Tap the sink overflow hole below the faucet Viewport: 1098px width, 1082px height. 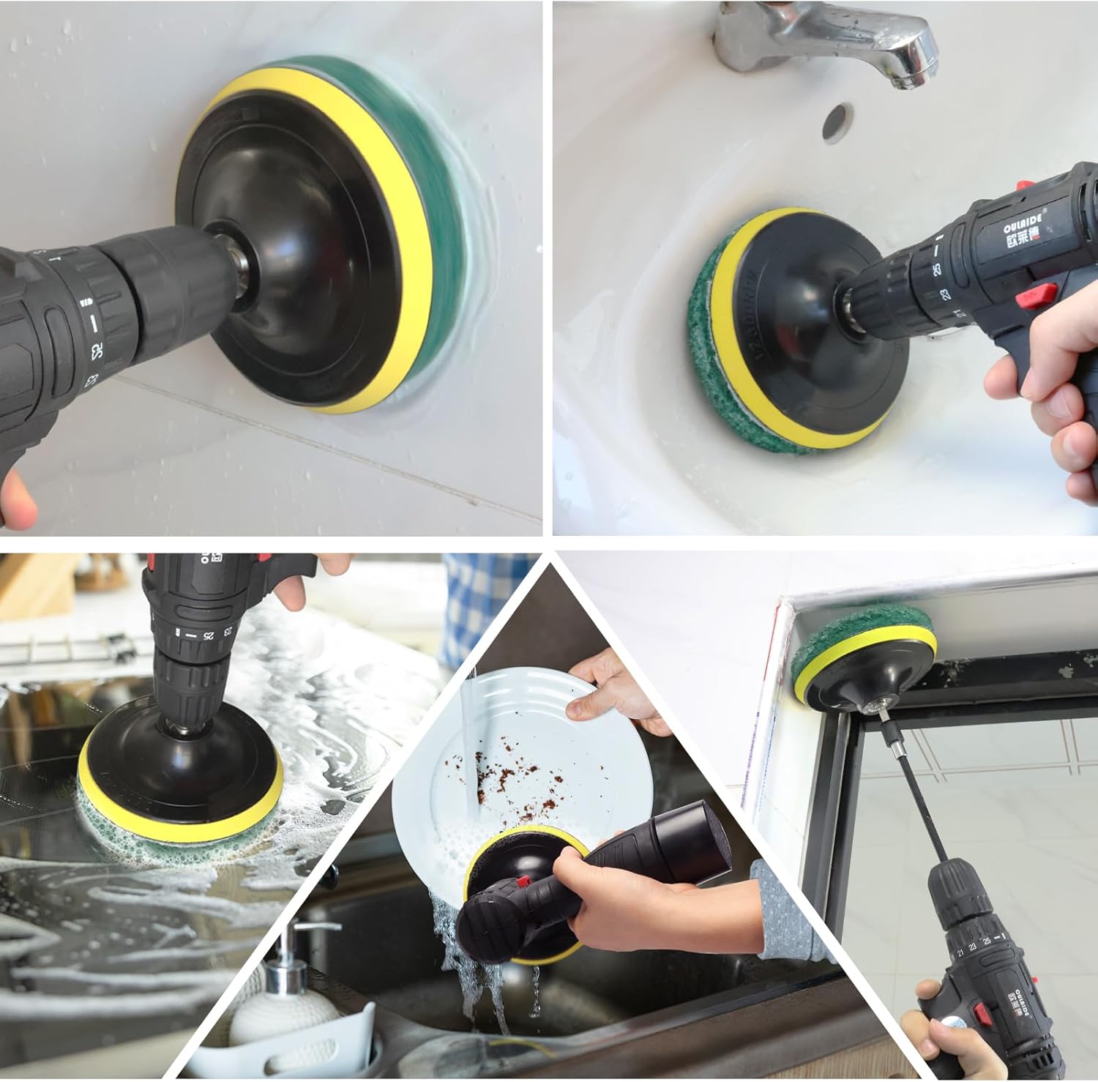pos(837,121)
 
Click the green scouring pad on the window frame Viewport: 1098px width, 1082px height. pos(864,630)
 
